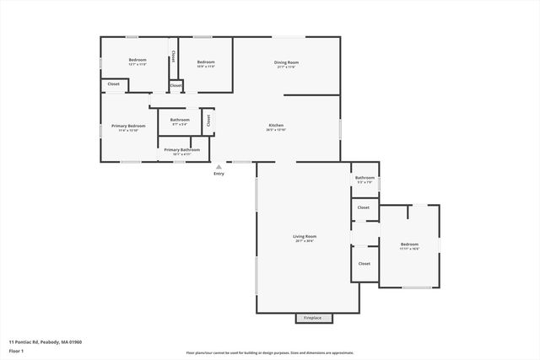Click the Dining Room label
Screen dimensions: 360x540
point(286,62)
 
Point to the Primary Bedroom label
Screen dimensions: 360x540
point(128,126)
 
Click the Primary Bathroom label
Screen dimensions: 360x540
point(181,149)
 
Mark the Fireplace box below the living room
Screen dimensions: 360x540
point(313,318)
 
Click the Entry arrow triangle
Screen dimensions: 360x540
point(219,166)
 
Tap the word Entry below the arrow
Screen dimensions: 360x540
point(219,174)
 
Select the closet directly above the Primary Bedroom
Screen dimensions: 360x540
point(113,84)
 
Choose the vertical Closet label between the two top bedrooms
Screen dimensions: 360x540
point(173,56)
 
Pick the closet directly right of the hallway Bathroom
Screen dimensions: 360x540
point(207,121)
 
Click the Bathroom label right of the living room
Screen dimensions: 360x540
point(364,178)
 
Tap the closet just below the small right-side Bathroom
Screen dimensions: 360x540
point(364,207)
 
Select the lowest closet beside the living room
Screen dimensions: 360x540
point(364,264)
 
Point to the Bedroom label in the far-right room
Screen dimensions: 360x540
point(409,244)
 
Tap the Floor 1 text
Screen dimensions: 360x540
point(17,352)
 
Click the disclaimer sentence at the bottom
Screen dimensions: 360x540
point(269,353)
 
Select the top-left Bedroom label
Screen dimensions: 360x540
point(138,61)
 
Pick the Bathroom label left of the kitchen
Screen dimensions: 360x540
point(180,120)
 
